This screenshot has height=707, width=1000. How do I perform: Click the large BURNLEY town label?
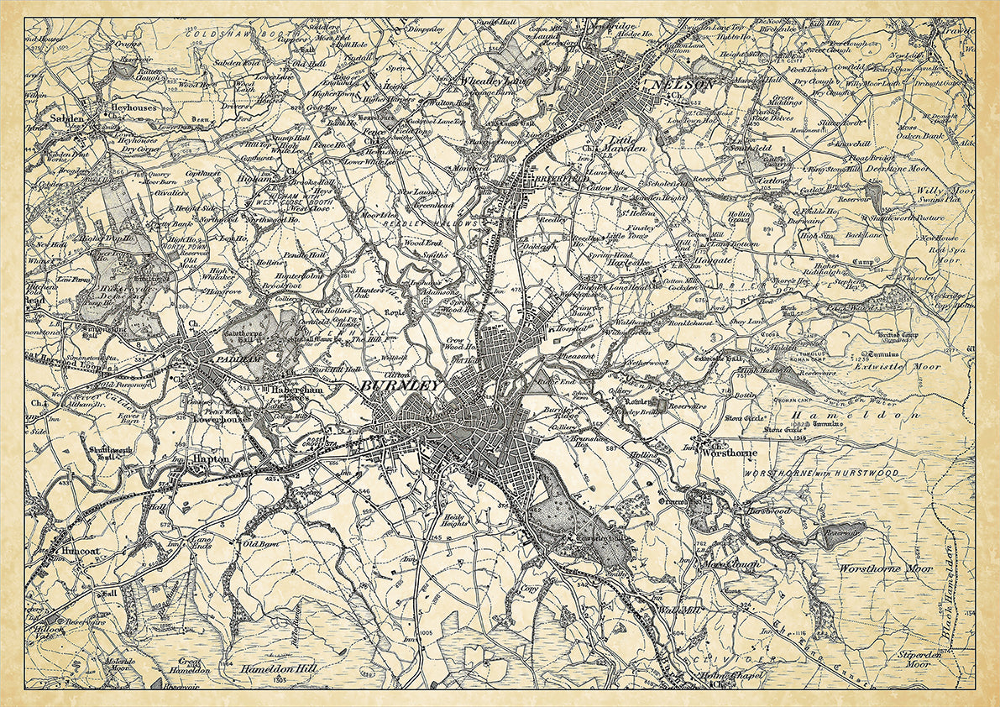400,386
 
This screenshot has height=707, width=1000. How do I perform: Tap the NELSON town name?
681,85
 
